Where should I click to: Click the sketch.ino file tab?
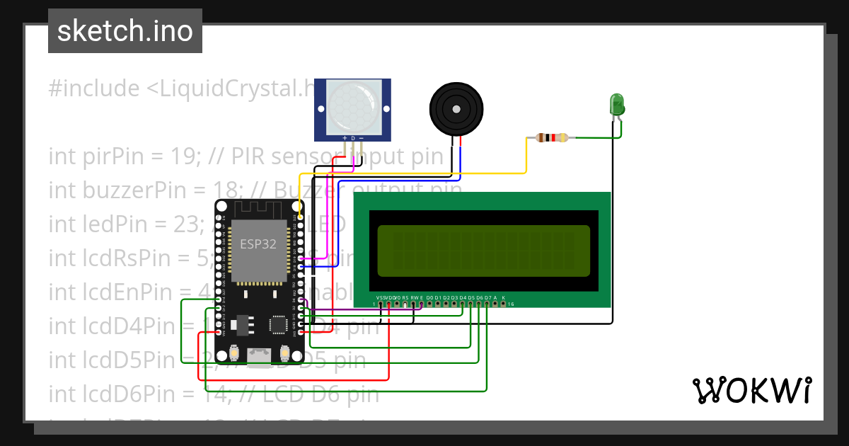125,31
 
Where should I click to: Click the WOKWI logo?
751,390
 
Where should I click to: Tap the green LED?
617,105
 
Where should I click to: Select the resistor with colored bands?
552,137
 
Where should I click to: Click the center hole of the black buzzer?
457,109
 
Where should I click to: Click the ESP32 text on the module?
258,244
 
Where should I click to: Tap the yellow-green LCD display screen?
483,251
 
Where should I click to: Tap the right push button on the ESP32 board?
285,352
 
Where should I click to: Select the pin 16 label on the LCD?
510,304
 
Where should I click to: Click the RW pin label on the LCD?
414,297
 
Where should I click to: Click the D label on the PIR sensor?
352,138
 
